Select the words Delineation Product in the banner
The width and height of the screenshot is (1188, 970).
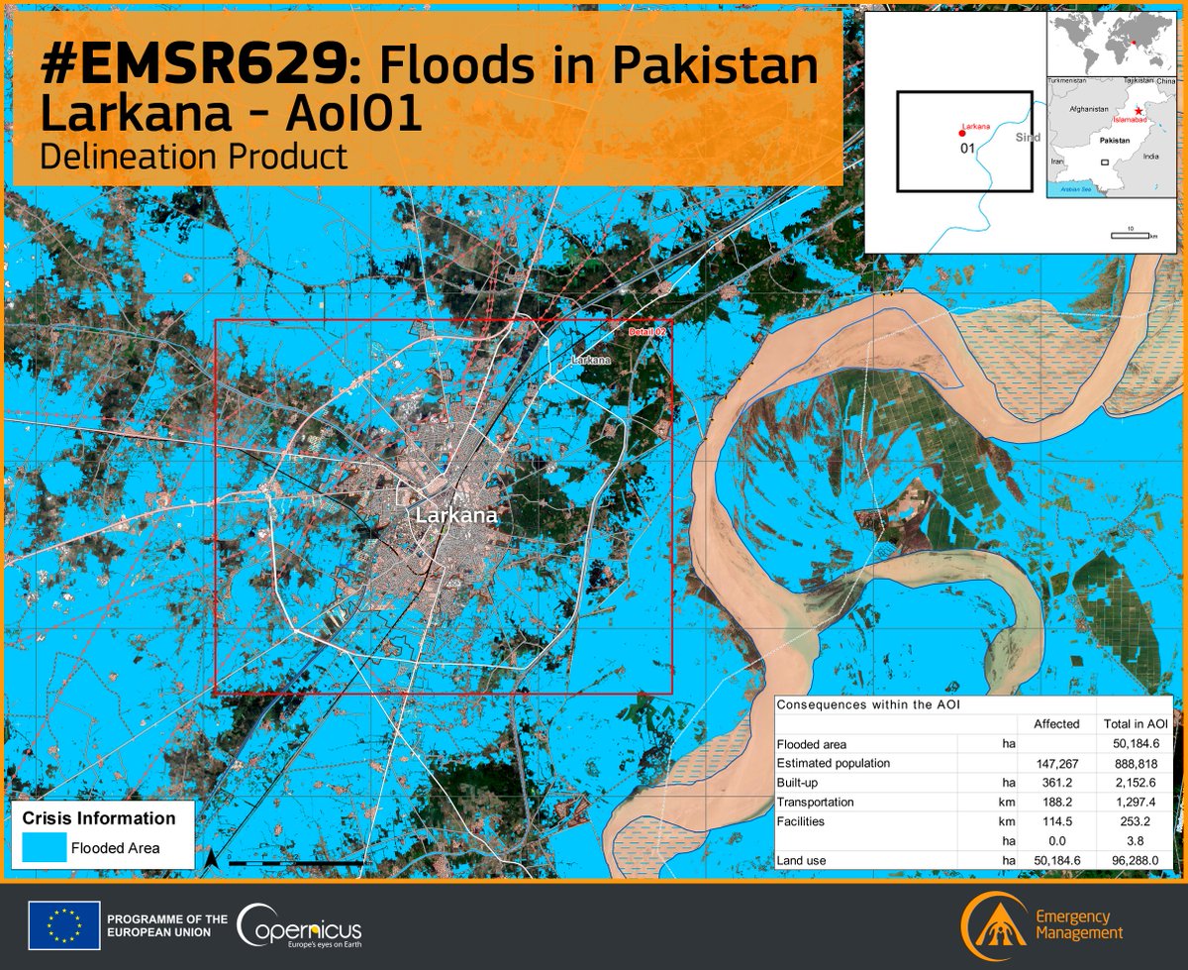[x=194, y=156]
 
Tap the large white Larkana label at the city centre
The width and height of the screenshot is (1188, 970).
[x=456, y=516]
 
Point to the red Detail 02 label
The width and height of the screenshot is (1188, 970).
[x=647, y=331]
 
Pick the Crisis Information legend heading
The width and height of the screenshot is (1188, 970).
[x=99, y=818]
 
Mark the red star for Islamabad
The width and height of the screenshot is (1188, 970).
[x=1139, y=110]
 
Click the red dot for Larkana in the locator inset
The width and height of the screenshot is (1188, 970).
[x=961, y=133]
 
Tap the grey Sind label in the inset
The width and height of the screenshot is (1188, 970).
[x=1029, y=138]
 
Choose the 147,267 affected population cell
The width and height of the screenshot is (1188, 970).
[x=1055, y=763]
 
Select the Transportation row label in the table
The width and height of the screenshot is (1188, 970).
[x=816, y=802]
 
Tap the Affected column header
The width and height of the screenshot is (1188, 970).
[x=1055, y=724]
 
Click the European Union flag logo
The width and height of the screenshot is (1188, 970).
[x=63, y=926]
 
